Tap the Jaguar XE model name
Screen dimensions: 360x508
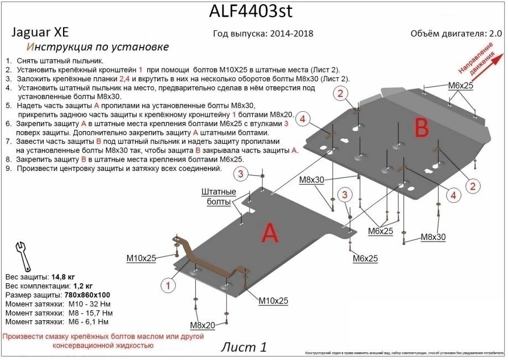click(x=39, y=33)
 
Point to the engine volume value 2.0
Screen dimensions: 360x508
click(x=495, y=33)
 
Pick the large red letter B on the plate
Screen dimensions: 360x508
click(x=422, y=128)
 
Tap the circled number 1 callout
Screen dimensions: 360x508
click(x=167, y=285)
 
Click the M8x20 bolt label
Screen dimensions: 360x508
click(x=203, y=325)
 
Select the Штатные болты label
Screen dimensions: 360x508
click(x=219, y=197)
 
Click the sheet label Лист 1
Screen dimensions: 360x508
click(x=243, y=347)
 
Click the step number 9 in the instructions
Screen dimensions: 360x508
click(x=7, y=168)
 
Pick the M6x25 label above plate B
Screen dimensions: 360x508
click(x=460, y=86)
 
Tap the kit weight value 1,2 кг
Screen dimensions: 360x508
click(x=81, y=286)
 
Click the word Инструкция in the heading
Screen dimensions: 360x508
click(x=60, y=47)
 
